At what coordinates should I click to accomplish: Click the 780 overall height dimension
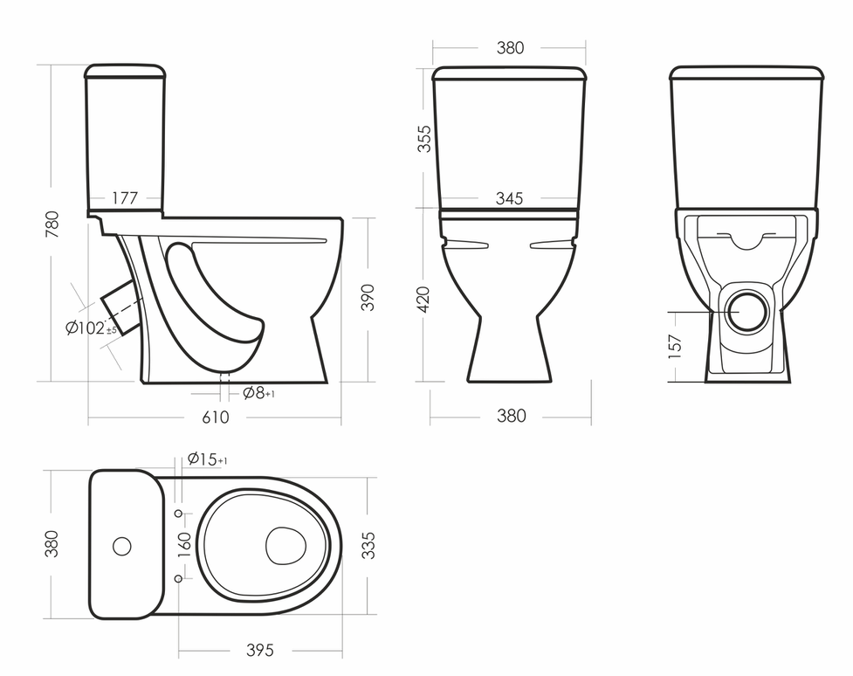(x=52, y=224)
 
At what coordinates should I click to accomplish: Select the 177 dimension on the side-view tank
(x=125, y=198)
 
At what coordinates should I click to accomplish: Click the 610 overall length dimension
(x=216, y=417)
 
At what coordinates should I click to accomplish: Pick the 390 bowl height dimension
(x=368, y=298)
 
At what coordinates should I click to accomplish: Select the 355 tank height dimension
(x=424, y=139)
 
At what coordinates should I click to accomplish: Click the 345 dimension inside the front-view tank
(x=509, y=199)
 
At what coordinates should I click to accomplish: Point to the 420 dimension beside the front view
(x=424, y=299)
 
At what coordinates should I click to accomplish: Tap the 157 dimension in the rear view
(x=675, y=347)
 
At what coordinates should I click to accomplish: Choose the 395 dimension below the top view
(x=259, y=651)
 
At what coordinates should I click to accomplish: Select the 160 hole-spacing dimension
(x=184, y=544)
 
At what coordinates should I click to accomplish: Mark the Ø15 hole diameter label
(x=208, y=460)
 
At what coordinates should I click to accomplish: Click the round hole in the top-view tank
(x=123, y=547)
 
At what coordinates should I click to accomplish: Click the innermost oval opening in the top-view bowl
(x=285, y=545)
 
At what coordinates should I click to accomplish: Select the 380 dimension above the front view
(x=510, y=48)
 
